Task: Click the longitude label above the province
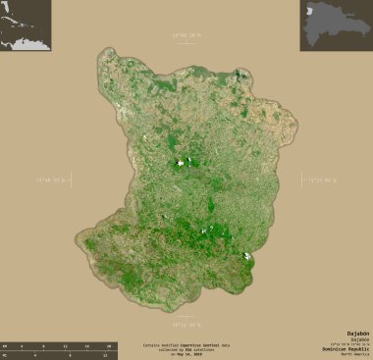coord(186,35)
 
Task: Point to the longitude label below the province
coord(186,323)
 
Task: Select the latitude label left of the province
coord(53,180)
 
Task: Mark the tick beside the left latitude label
coord(73,180)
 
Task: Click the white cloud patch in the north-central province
coord(181,163)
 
